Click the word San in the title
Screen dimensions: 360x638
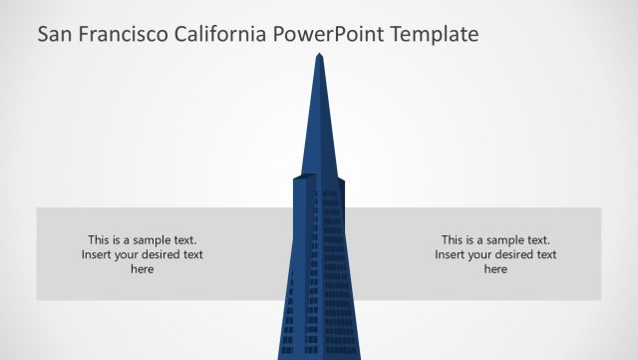[x=54, y=35]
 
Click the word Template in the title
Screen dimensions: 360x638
[x=435, y=35]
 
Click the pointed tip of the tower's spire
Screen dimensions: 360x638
[x=319, y=56]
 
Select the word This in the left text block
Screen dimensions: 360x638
[x=99, y=240]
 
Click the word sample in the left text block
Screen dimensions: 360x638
[x=151, y=240]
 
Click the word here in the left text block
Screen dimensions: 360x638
[x=143, y=269]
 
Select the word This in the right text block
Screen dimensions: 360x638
[x=453, y=240]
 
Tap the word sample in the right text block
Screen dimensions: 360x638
[x=504, y=240]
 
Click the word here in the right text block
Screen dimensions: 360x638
[x=495, y=269]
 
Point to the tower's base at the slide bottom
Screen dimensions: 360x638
[x=319, y=351]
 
